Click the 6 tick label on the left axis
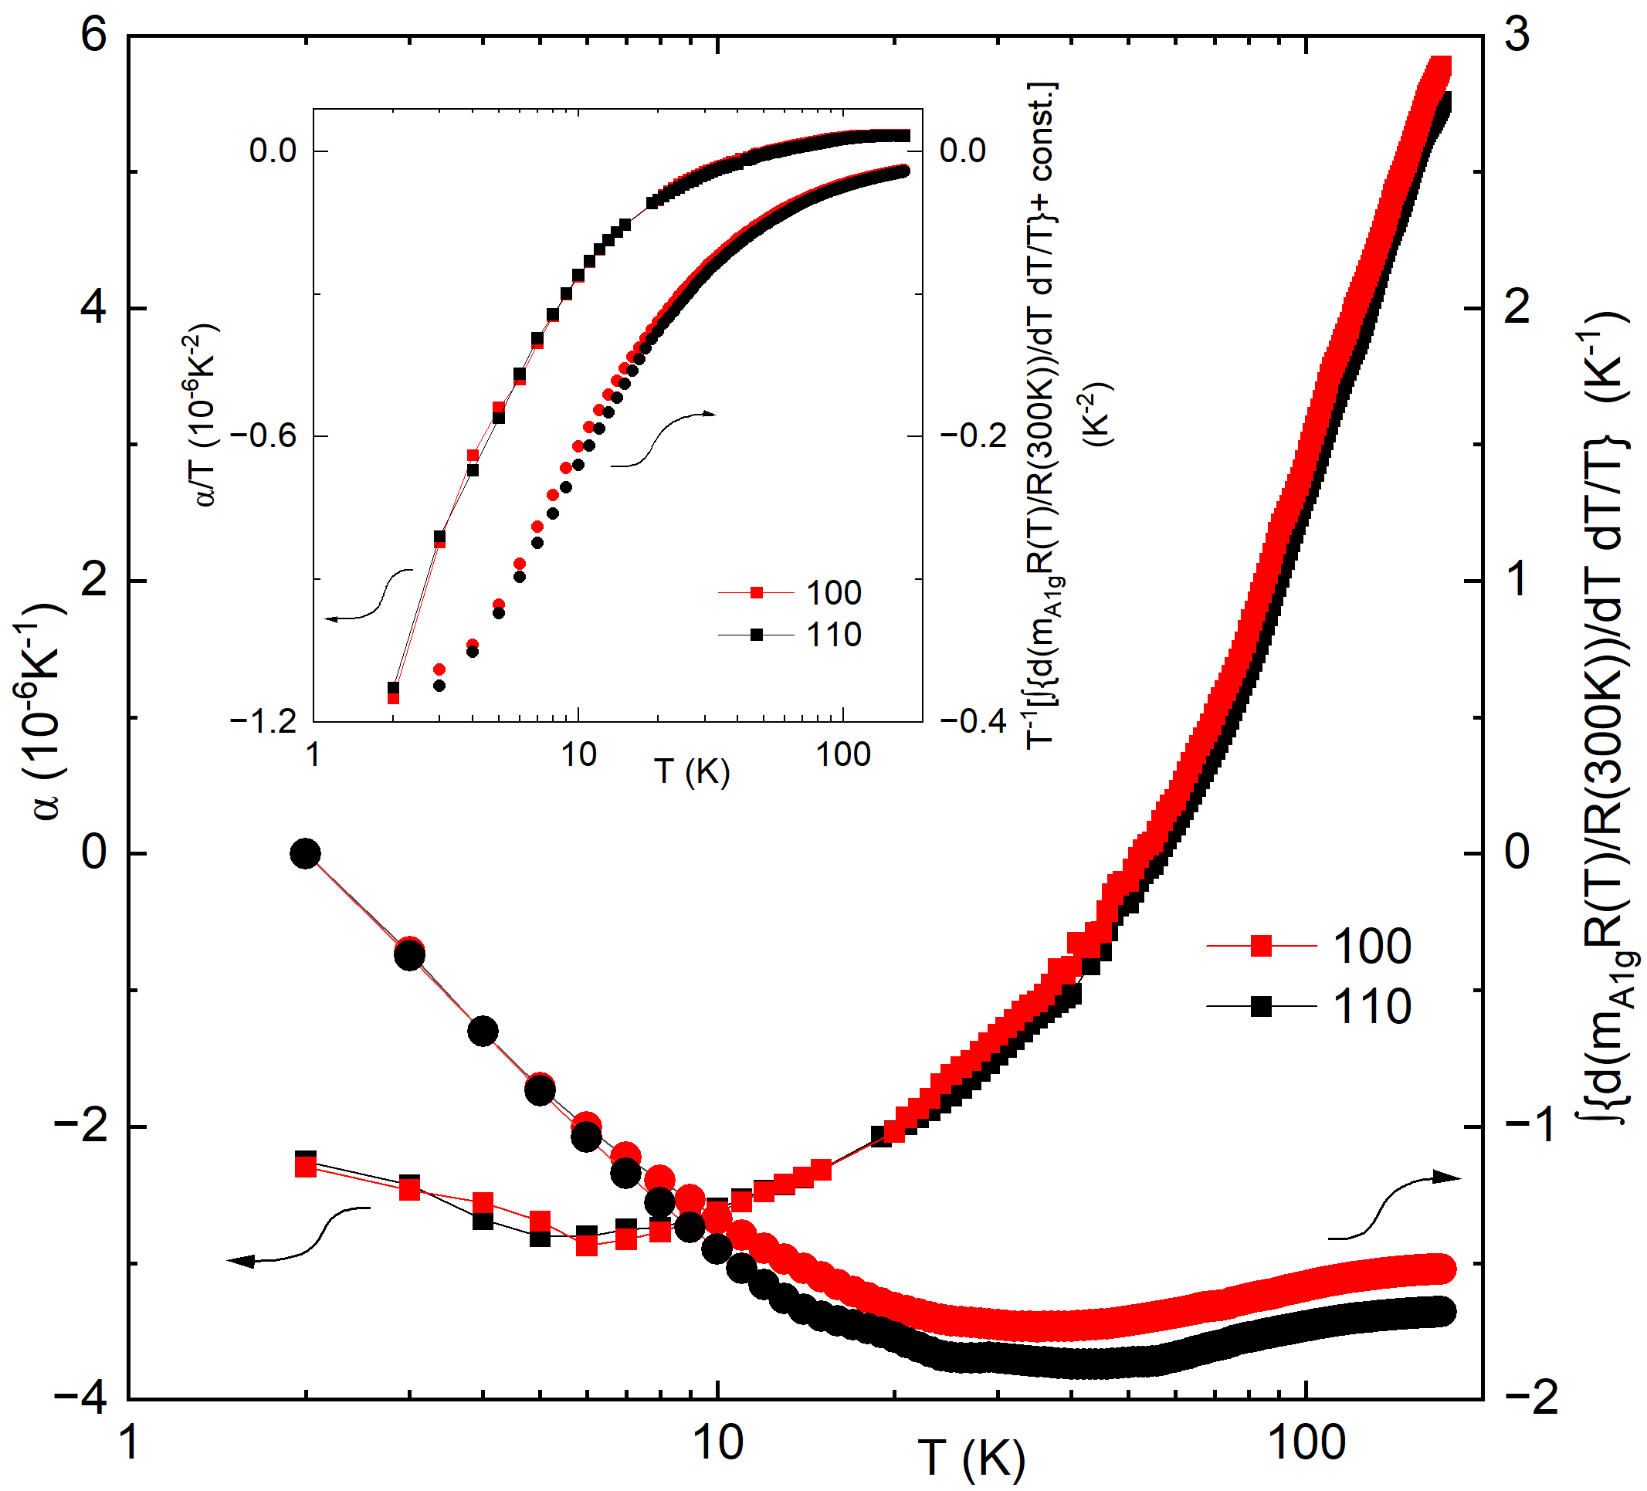tap(94, 36)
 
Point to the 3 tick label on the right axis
tap(1517, 36)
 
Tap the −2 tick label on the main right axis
tap(1531, 1398)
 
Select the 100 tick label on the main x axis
tap(1306, 1443)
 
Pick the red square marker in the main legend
tap(1261, 946)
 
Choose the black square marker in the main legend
tap(1261, 1007)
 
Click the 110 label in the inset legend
tap(833, 635)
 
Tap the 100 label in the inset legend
tap(833, 593)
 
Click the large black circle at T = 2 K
tap(306, 855)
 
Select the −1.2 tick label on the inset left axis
tap(263, 722)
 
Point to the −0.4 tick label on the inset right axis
tap(973, 722)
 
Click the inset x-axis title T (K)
tap(691, 771)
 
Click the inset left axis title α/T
tap(205, 415)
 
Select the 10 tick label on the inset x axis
tap(578, 755)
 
